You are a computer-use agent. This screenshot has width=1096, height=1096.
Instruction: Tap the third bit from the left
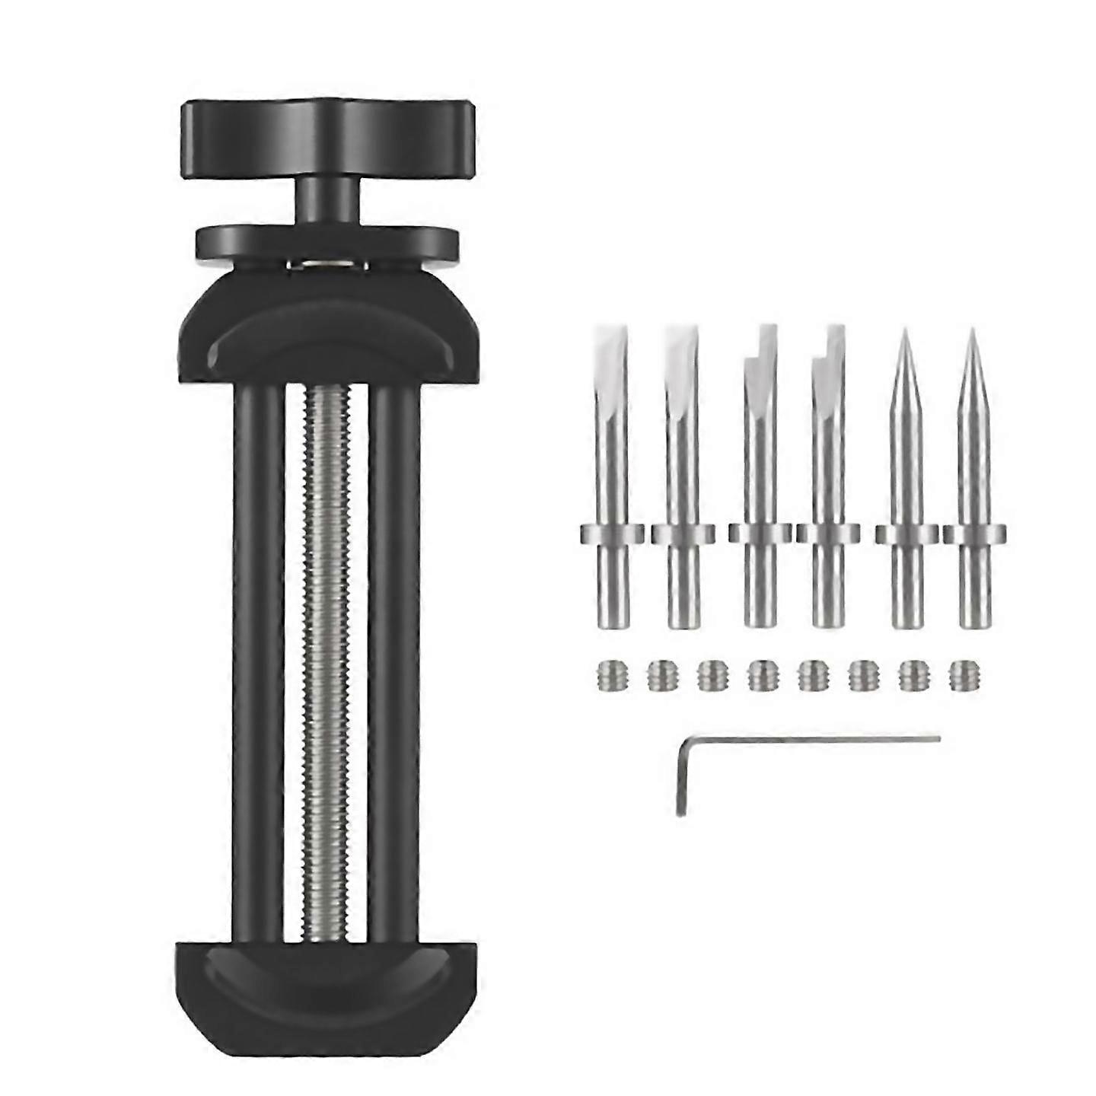click(x=760, y=472)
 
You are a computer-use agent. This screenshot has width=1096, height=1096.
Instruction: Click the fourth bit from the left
click(x=828, y=472)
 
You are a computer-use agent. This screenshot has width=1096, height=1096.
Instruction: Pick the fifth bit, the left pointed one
click(x=906, y=472)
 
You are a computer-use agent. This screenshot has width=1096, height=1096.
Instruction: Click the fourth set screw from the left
click(x=760, y=674)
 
